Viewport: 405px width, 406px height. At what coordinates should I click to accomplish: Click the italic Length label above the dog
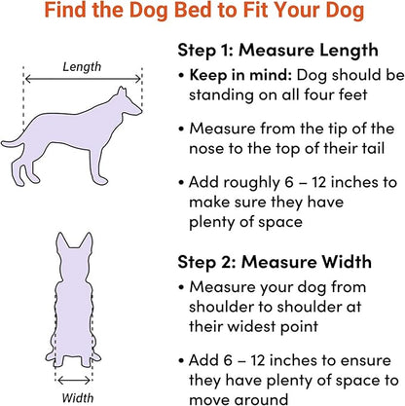(x=82, y=67)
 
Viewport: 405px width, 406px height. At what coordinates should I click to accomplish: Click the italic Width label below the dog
(x=78, y=397)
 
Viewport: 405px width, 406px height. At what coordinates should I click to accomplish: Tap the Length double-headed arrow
(x=83, y=79)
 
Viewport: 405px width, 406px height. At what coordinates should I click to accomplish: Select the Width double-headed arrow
(x=74, y=380)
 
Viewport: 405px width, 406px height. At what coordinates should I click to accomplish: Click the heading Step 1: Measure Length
(x=277, y=51)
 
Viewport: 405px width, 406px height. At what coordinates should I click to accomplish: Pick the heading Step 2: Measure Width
(x=275, y=262)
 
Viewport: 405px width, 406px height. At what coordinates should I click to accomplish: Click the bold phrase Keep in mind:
(x=240, y=75)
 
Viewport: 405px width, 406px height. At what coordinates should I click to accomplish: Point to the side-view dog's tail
(x=13, y=143)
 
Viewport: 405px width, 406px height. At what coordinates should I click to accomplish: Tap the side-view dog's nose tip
(x=140, y=111)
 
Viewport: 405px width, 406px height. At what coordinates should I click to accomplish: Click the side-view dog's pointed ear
(x=122, y=92)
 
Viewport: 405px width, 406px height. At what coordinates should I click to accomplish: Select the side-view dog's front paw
(x=101, y=180)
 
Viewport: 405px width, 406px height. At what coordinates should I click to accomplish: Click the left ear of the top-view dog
(x=61, y=241)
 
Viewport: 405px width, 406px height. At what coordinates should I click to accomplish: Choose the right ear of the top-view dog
(x=87, y=241)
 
